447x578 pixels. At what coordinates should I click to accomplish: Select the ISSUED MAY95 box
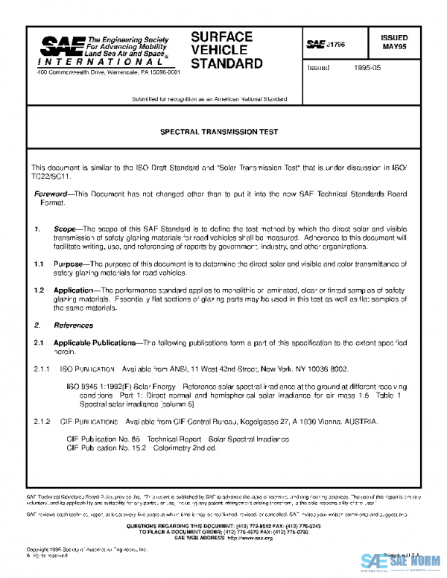tap(394, 42)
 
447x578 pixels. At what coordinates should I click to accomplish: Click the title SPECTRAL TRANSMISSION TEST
tap(219, 131)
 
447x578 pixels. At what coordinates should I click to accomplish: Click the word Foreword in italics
tap(51, 194)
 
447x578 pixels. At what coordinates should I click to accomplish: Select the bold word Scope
tap(65, 229)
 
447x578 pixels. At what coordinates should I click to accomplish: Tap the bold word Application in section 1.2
tap(77, 288)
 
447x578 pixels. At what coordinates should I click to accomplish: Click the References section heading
tap(73, 325)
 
